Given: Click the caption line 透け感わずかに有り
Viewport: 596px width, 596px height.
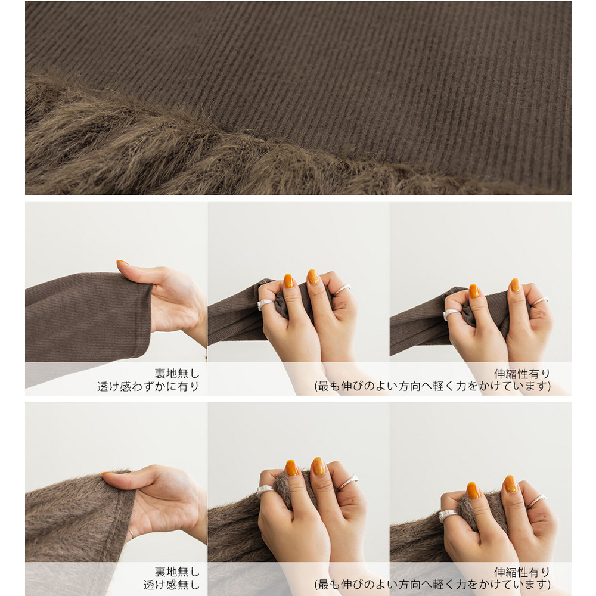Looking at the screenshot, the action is [x=148, y=386].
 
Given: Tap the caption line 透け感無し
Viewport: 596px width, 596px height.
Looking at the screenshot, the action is [x=171, y=585].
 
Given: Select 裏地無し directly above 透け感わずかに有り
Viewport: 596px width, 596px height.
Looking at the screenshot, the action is [x=177, y=373].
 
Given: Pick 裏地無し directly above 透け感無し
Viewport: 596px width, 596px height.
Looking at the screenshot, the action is [x=177, y=572].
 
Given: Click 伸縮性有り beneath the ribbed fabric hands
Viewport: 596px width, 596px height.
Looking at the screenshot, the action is [x=522, y=374].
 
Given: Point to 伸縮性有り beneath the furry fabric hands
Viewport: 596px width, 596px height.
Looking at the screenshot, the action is [x=522, y=572].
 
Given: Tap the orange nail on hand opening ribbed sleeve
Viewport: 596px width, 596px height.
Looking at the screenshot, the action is [x=122, y=262].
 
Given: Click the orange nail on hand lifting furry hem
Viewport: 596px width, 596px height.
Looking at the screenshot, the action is [x=107, y=474].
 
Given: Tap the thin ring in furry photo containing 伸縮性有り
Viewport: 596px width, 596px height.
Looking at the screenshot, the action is [x=537, y=501].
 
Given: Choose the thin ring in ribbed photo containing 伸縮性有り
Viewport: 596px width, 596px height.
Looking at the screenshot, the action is [x=540, y=300].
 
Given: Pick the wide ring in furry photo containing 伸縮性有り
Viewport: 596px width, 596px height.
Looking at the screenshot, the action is [x=448, y=515].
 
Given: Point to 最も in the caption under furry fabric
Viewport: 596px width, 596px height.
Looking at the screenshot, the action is [x=329, y=585].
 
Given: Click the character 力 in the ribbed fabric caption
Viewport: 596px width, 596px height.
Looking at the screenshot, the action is [x=461, y=386].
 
